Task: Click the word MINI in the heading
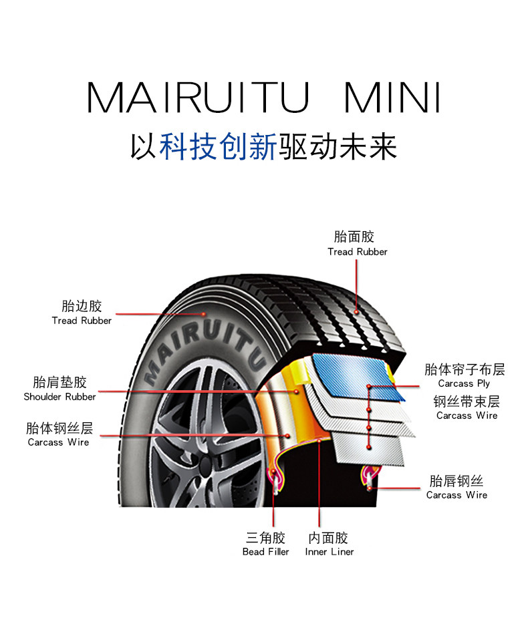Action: [x=392, y=98]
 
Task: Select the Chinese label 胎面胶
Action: [x=354, y=237]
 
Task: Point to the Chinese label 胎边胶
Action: [x=82, y=306]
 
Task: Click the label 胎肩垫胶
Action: [x=59, y=382]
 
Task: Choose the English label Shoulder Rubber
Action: [x=59, y=397]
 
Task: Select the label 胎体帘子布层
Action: [x=465, y=369]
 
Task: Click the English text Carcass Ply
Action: [x=464, y=383]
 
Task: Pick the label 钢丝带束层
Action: [x=467, y=402]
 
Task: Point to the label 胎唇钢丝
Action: [x=456, y=481]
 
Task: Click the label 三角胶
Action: [x=265, y=538]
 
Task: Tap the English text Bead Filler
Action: [x=265, y=552]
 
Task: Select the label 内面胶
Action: [x=328, y=538]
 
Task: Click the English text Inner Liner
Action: [x=329, y=552]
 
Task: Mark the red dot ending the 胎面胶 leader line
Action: [x=357, y=311]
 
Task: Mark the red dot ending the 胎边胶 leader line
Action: [x=203, y=313]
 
